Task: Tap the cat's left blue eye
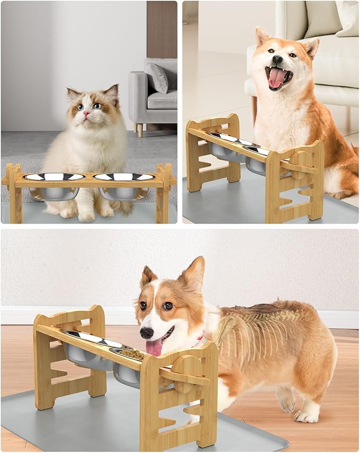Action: (80, 106)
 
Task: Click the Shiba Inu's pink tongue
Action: (276, 78)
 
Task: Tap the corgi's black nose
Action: (146, 333)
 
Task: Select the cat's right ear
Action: (112, 94)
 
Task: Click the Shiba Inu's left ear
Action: (262, 37)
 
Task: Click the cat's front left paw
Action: (86, 215)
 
